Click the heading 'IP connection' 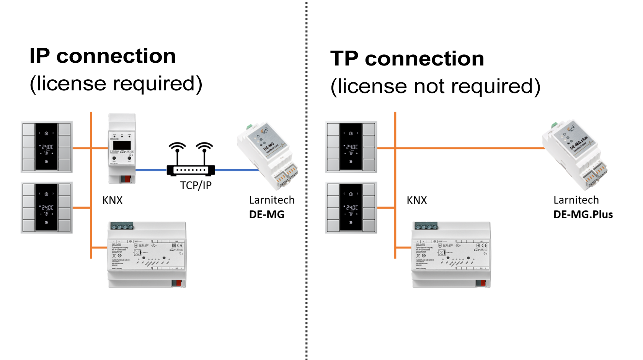(103, 56)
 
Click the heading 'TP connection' (407, 59)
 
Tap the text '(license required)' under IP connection (116, 84)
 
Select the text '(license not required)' (436, 87)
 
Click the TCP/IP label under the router (196, 186)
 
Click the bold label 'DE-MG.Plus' (583, 215)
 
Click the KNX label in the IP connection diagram (113, 200)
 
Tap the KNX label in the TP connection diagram (417, 200)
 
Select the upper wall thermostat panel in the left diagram (47, 147)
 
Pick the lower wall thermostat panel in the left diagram (47, 208)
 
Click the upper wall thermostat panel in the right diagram (351, 147)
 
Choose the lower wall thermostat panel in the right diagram (351, 208)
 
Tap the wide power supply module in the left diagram (147, 255)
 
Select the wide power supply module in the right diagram (451, 255)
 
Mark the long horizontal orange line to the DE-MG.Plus (467, 148)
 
